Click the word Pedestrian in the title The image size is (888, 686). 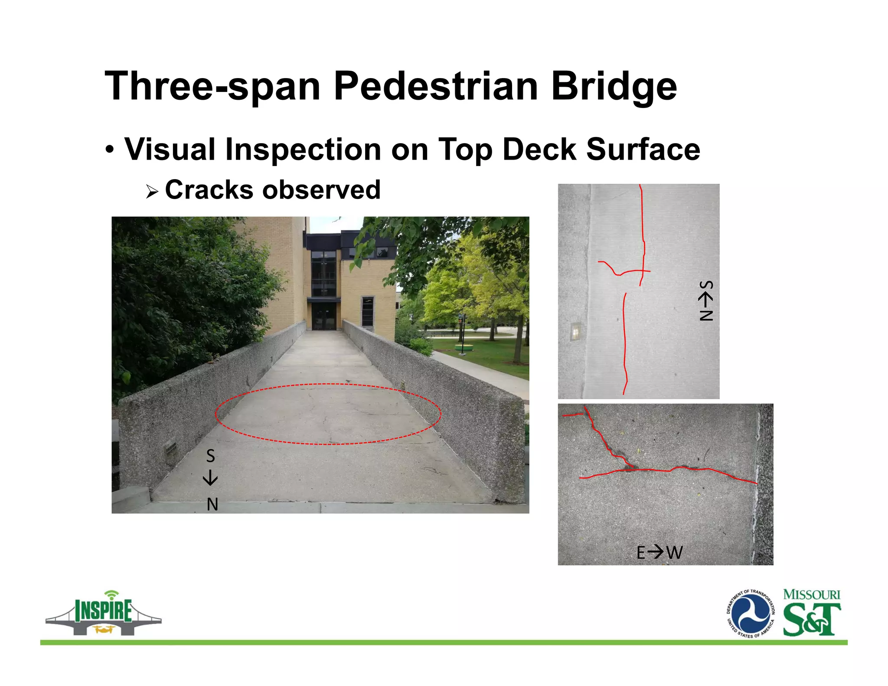coord(435,86)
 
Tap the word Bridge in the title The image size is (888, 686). coord(613,86)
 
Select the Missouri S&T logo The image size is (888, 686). coord(812,613)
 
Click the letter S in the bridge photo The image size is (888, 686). coord(210,456)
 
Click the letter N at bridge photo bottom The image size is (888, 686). coord(212,504)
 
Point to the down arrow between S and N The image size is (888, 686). coord(210,478)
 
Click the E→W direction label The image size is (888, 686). coord(659,552)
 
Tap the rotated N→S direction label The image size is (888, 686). coord(705,301)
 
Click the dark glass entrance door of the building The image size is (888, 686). coord(323,316)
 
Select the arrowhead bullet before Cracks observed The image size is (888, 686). coord(151,191)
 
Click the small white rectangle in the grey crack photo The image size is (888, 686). coord(575,332)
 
